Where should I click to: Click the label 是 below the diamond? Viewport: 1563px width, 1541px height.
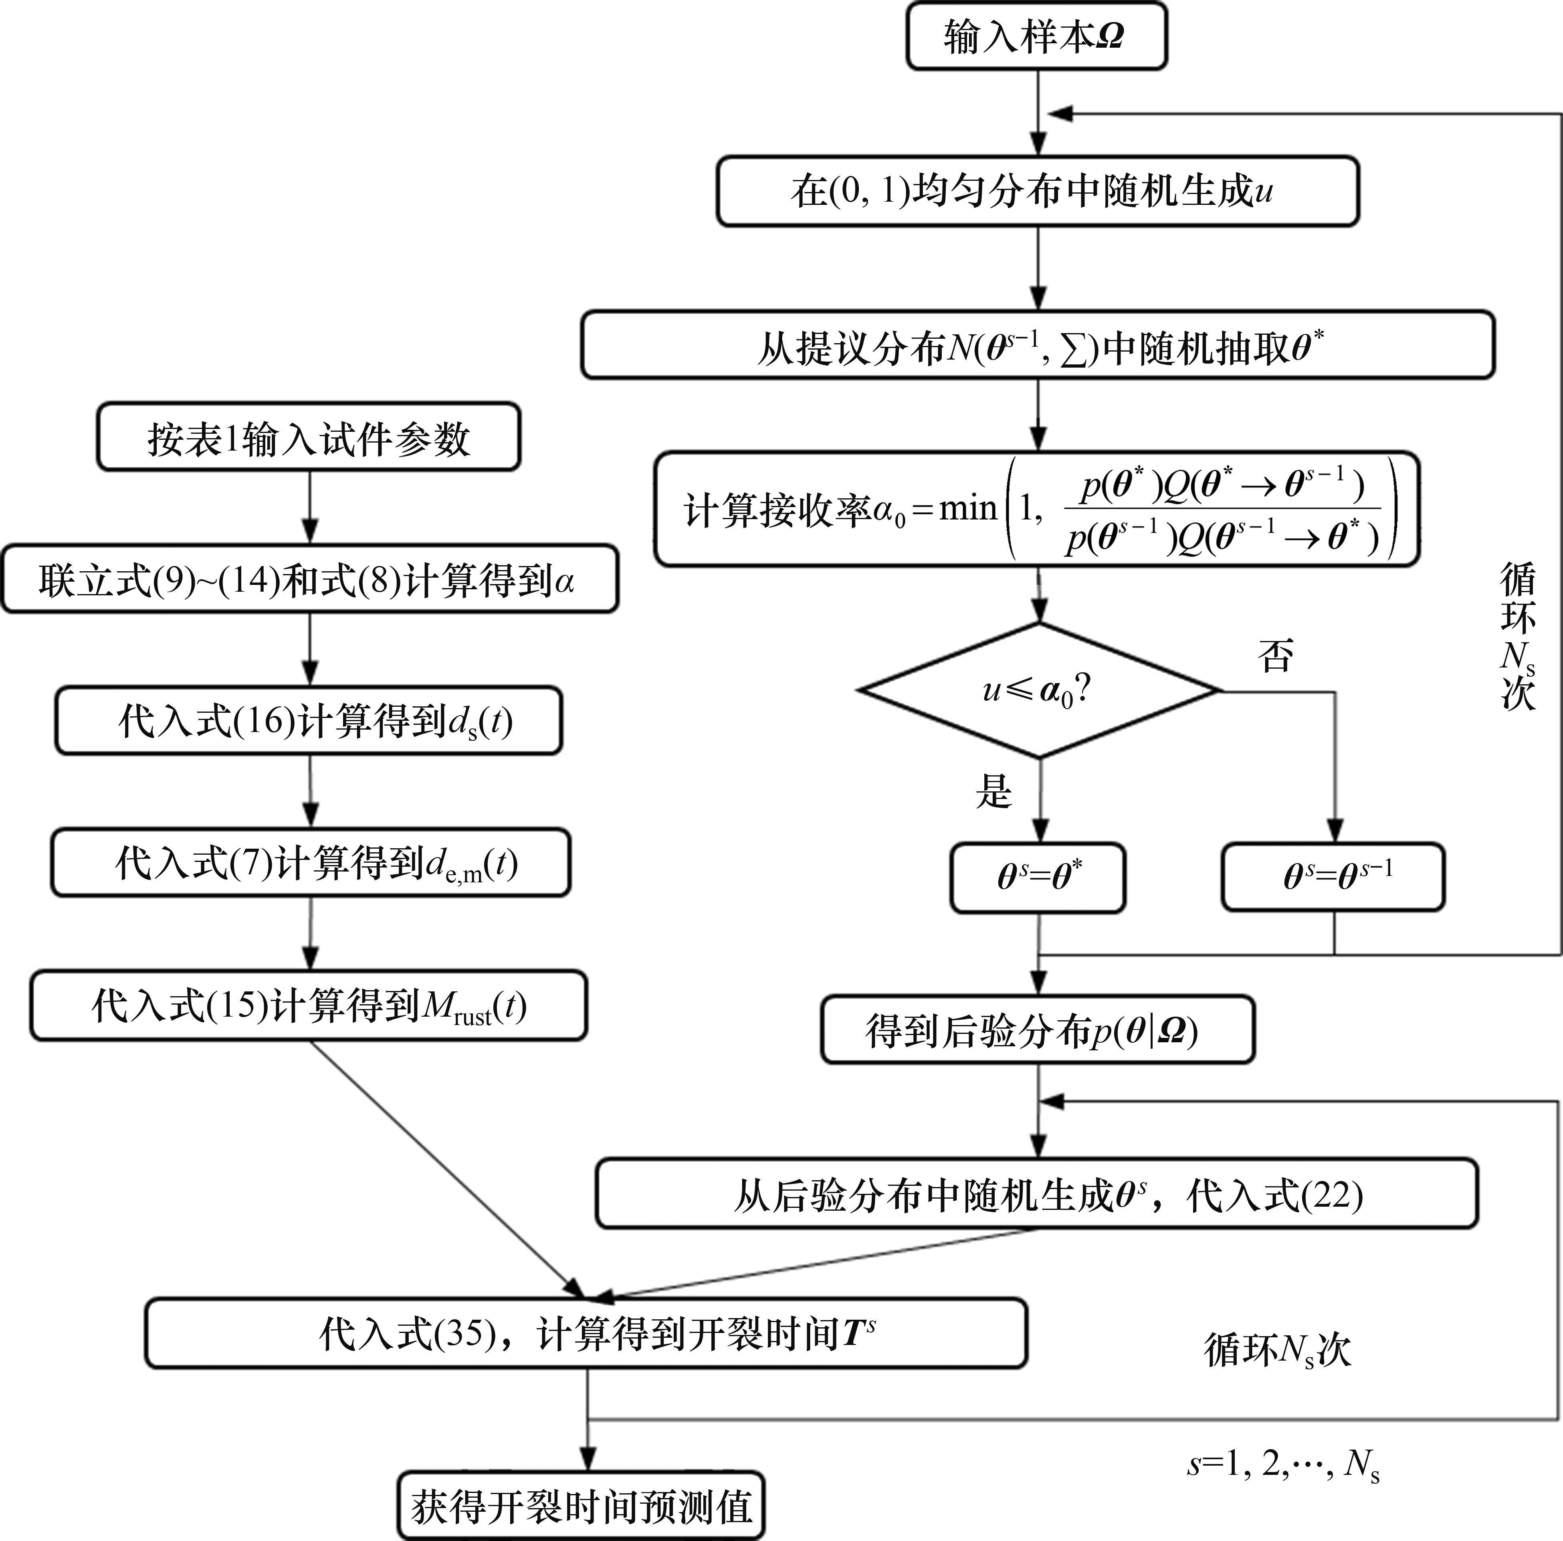994,791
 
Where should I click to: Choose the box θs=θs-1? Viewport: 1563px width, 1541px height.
1333,877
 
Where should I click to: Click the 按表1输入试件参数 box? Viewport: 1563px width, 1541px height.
308,437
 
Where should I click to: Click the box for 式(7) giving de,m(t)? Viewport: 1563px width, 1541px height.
311,863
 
